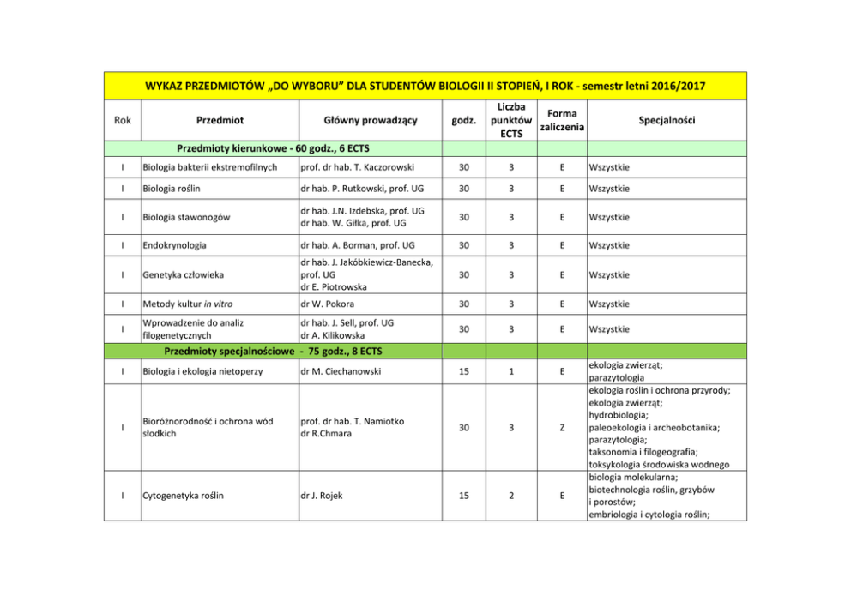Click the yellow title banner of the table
(425, 87)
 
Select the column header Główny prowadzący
(358, 120)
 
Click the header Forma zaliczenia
(561, 120)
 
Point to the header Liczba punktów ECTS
(513, 120)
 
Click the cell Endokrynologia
(175, 245)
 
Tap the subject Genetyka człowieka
(184, 274)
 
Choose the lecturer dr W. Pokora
(328, 304)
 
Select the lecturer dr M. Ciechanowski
(341, 371)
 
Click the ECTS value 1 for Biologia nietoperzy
(513, 371)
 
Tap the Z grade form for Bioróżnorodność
(561, 427)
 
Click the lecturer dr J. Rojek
(320, 495)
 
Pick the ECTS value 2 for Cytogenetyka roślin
(513, 495)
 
